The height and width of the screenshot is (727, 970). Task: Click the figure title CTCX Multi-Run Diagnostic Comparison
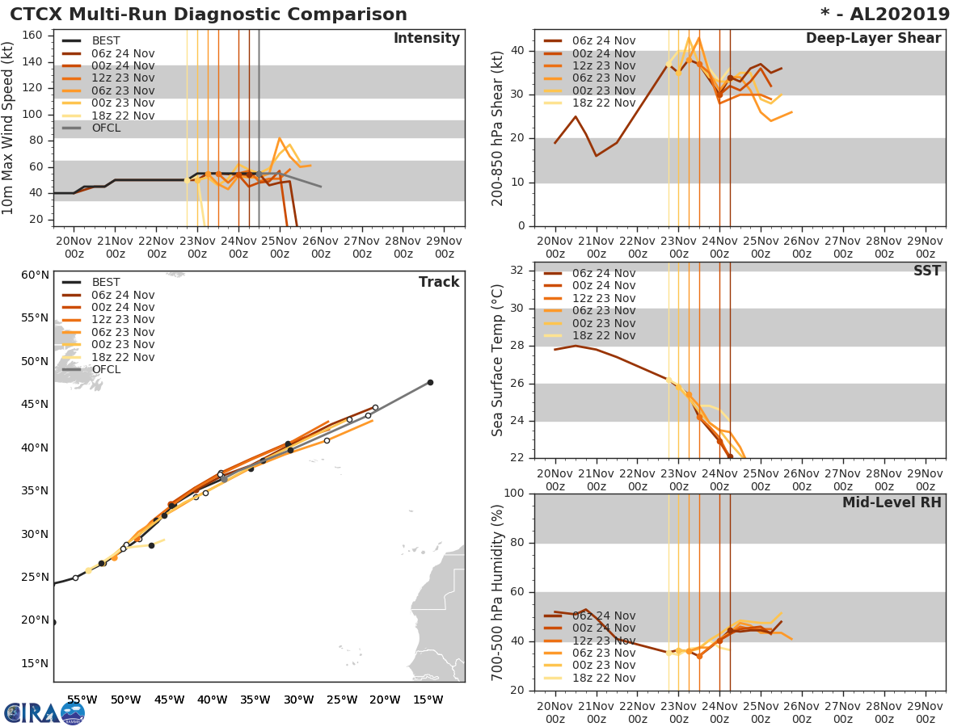(209, 15)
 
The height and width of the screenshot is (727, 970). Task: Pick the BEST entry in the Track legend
(106, 282)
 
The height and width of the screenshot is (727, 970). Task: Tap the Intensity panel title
(427, 39)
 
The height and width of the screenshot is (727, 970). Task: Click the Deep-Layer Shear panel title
(873, 39)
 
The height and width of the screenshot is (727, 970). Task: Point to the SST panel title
(926, 271)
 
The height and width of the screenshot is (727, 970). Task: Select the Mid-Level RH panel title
(892, 503)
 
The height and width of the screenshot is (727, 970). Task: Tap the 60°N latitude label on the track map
(35, 275)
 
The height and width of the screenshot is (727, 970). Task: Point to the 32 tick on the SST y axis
(518, 270)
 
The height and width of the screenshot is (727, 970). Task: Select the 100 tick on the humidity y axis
(515, 494)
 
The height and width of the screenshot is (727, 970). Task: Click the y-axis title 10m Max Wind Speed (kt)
(9, 128)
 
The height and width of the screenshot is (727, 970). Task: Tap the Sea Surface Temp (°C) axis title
(498, 360)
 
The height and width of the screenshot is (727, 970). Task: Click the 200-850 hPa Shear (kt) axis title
(498, 128)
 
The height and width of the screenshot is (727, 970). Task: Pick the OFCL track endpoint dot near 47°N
(430, 382)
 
